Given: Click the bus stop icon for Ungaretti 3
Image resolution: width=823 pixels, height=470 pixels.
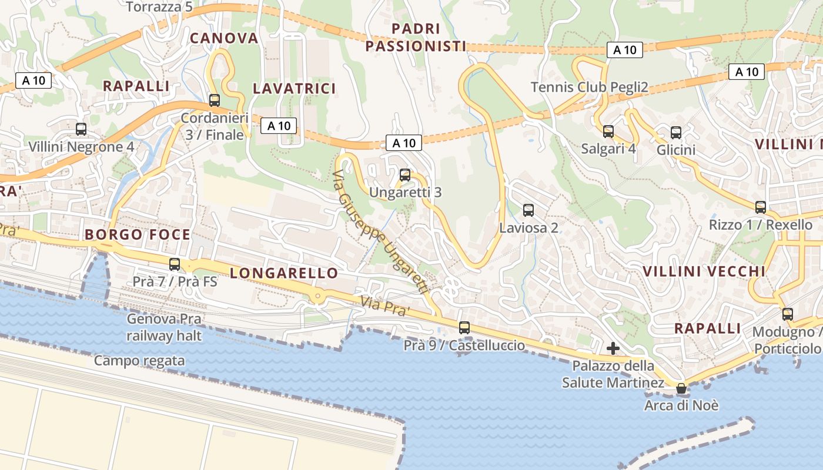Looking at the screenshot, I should pyautogui.click(x=404, y=175).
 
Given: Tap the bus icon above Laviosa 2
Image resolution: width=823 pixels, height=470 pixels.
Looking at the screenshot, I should pyautogui.click(x=528, y=210).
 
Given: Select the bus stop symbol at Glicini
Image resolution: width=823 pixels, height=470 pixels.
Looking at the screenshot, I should pyautogui.click(x=676, y=133).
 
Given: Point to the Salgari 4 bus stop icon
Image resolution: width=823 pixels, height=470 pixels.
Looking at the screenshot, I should pyautogui.click(x=608, y=132).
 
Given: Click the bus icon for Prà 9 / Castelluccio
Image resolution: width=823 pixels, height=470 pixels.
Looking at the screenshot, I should pyautogui.click(x=464, y=328).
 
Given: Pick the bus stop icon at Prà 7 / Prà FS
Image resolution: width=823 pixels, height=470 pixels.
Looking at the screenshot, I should pyautogui.click(x=175, y=264).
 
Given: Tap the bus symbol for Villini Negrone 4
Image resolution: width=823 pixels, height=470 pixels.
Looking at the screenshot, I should pyautogui.click(x=81, y=129).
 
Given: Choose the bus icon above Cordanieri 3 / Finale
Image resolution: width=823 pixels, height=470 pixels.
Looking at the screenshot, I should pyautogui.click(x=214, y=100).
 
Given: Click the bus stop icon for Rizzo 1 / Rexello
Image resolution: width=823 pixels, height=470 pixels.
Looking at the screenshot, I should pyautogui.click(x=761, y=207).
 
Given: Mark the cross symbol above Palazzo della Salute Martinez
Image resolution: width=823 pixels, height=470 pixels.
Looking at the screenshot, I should pyautogui.click(x=613, y=349).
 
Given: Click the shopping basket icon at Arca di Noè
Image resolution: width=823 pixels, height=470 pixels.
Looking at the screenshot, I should pyautogui.click(x=681, y=388).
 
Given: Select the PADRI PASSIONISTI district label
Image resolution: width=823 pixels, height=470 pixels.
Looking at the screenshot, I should pyautogui.click(x=416, y=37).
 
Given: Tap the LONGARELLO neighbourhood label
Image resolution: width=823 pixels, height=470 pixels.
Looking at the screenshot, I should pyautogui.click(x=284, y=273).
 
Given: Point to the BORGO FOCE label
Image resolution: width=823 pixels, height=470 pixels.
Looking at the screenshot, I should pyautogui.click(x=138, y=235).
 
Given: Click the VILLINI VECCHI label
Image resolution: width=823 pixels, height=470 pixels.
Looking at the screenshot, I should pyautogui.click(x=704, y=271).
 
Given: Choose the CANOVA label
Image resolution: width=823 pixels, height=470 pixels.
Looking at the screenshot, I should pyautogui.click(x=223, y=38).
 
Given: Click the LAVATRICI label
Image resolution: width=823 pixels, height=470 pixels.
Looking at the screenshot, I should pyautogui.click(x=294, y=89).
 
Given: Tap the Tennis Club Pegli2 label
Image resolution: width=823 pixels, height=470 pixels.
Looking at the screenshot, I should pyautogui.click(x=589, y=88).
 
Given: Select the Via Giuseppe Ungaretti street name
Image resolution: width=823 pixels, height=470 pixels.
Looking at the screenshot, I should pyautogui.click(x=380, y=232).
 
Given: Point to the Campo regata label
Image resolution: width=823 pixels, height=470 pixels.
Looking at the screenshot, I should pyautogui.click(x=139, y=361).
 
